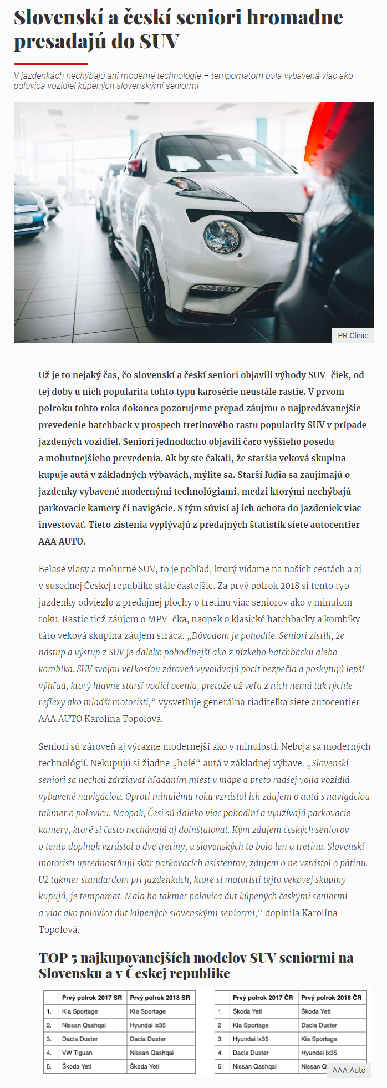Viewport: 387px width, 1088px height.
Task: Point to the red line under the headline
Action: pyautogui.click(x=50, y=64)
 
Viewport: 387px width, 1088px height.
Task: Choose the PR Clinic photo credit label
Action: pyautogui.click(x=353, y=335)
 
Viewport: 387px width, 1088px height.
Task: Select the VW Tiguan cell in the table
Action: pyautogui.click(x=78, y=1053)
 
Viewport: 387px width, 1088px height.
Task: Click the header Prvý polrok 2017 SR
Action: pyautogui.click(x=92, y=998)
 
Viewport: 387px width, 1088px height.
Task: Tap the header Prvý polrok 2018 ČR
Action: pyautogui.click(x=331, y=998)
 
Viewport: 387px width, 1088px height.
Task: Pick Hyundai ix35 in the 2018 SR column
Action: pyautogui.click(x=148, y=1025)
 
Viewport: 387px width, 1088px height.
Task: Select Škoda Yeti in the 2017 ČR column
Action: pyautogui.click(x=247, y=1011)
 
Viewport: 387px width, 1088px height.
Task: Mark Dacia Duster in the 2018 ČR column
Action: pyautogui.click(x=319, y=1025)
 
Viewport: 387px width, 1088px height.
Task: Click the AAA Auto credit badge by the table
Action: pyautogui.click(x=349, y=1070)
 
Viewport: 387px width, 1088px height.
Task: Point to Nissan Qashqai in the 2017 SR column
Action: pyautogui.click(x=84, y=1025)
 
